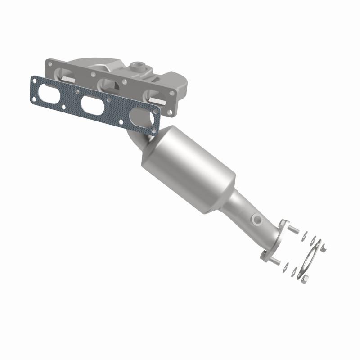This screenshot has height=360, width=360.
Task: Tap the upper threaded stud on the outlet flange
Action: (x=295, y=230)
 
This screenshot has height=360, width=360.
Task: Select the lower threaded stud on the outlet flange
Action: (x=275, y=261)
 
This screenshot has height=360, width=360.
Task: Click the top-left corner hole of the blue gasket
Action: (x=34, y=80)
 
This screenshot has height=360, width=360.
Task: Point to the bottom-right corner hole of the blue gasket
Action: (x=154, y=131)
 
